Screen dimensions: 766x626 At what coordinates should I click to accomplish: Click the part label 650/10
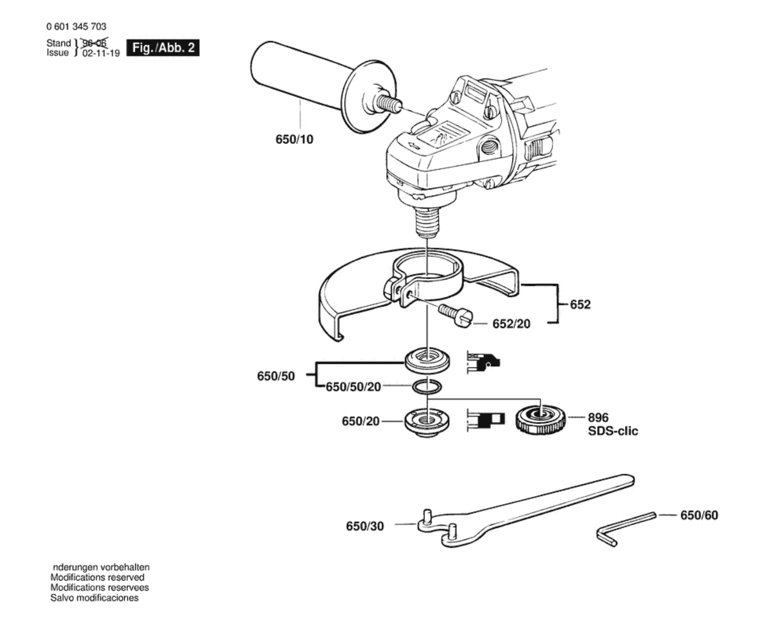[x=294, y=139]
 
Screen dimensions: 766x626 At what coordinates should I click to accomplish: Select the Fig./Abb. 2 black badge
[x=163, y=48]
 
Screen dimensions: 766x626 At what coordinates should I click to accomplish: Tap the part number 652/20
[x=511, y=324]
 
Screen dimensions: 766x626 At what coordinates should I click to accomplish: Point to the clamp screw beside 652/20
[x=455, y=316]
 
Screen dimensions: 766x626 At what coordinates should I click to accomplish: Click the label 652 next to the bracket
[x=580, y=305]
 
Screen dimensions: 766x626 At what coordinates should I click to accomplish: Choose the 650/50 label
[x=276, y=376]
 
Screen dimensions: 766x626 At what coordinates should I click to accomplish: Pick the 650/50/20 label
[x=353, y=387]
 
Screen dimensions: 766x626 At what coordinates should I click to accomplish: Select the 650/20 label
[x=360, y=421]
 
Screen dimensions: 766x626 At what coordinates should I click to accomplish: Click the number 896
[x=598, y=417]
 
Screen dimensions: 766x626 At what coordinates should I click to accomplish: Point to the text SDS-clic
[x=613, y=431]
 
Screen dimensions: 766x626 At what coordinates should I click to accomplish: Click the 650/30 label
[x=365, y=526]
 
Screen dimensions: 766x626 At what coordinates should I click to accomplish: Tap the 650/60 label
[x=699, y=515]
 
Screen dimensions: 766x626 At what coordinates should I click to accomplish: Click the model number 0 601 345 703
[x=76, y=27]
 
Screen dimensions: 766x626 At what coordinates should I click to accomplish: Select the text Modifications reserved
[x=97, y=577]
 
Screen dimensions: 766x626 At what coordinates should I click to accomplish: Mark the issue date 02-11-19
[x=101, y=53]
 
